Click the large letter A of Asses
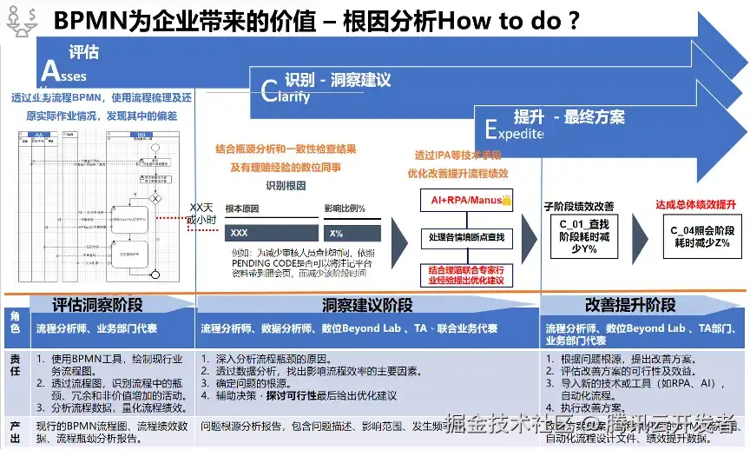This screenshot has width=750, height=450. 50,70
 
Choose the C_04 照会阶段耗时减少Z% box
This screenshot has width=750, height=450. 700,236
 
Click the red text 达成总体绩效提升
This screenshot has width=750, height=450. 695,204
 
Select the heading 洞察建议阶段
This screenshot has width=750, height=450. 366,305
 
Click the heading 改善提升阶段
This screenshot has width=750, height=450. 630,305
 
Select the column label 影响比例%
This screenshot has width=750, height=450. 345,209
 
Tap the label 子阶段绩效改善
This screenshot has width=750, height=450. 579,206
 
